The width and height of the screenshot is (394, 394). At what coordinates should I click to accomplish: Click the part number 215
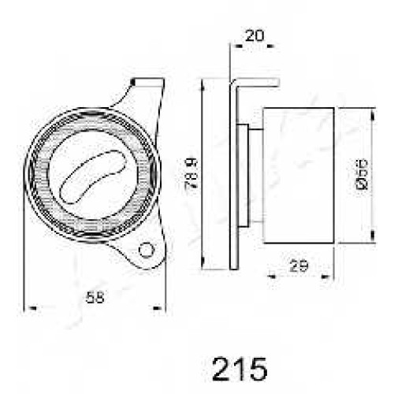coord(240,369)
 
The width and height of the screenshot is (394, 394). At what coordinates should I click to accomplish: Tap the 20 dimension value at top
coord(255,35)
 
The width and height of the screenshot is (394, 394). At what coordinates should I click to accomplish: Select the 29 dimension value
coord(299,266)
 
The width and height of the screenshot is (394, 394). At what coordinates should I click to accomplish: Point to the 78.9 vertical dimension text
coord(191,174)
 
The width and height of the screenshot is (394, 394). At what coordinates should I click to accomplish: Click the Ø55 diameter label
coord(362,174)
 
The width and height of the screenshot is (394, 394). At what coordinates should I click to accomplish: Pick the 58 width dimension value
coord(95,298)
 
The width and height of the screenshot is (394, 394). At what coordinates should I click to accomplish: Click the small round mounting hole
coord(146,250)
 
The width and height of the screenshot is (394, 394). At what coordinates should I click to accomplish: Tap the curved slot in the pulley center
coord(93,177)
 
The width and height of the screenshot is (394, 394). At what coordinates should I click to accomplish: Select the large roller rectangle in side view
coord(299,175)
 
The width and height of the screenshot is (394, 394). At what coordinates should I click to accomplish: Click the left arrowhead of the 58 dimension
coord(32,307)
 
